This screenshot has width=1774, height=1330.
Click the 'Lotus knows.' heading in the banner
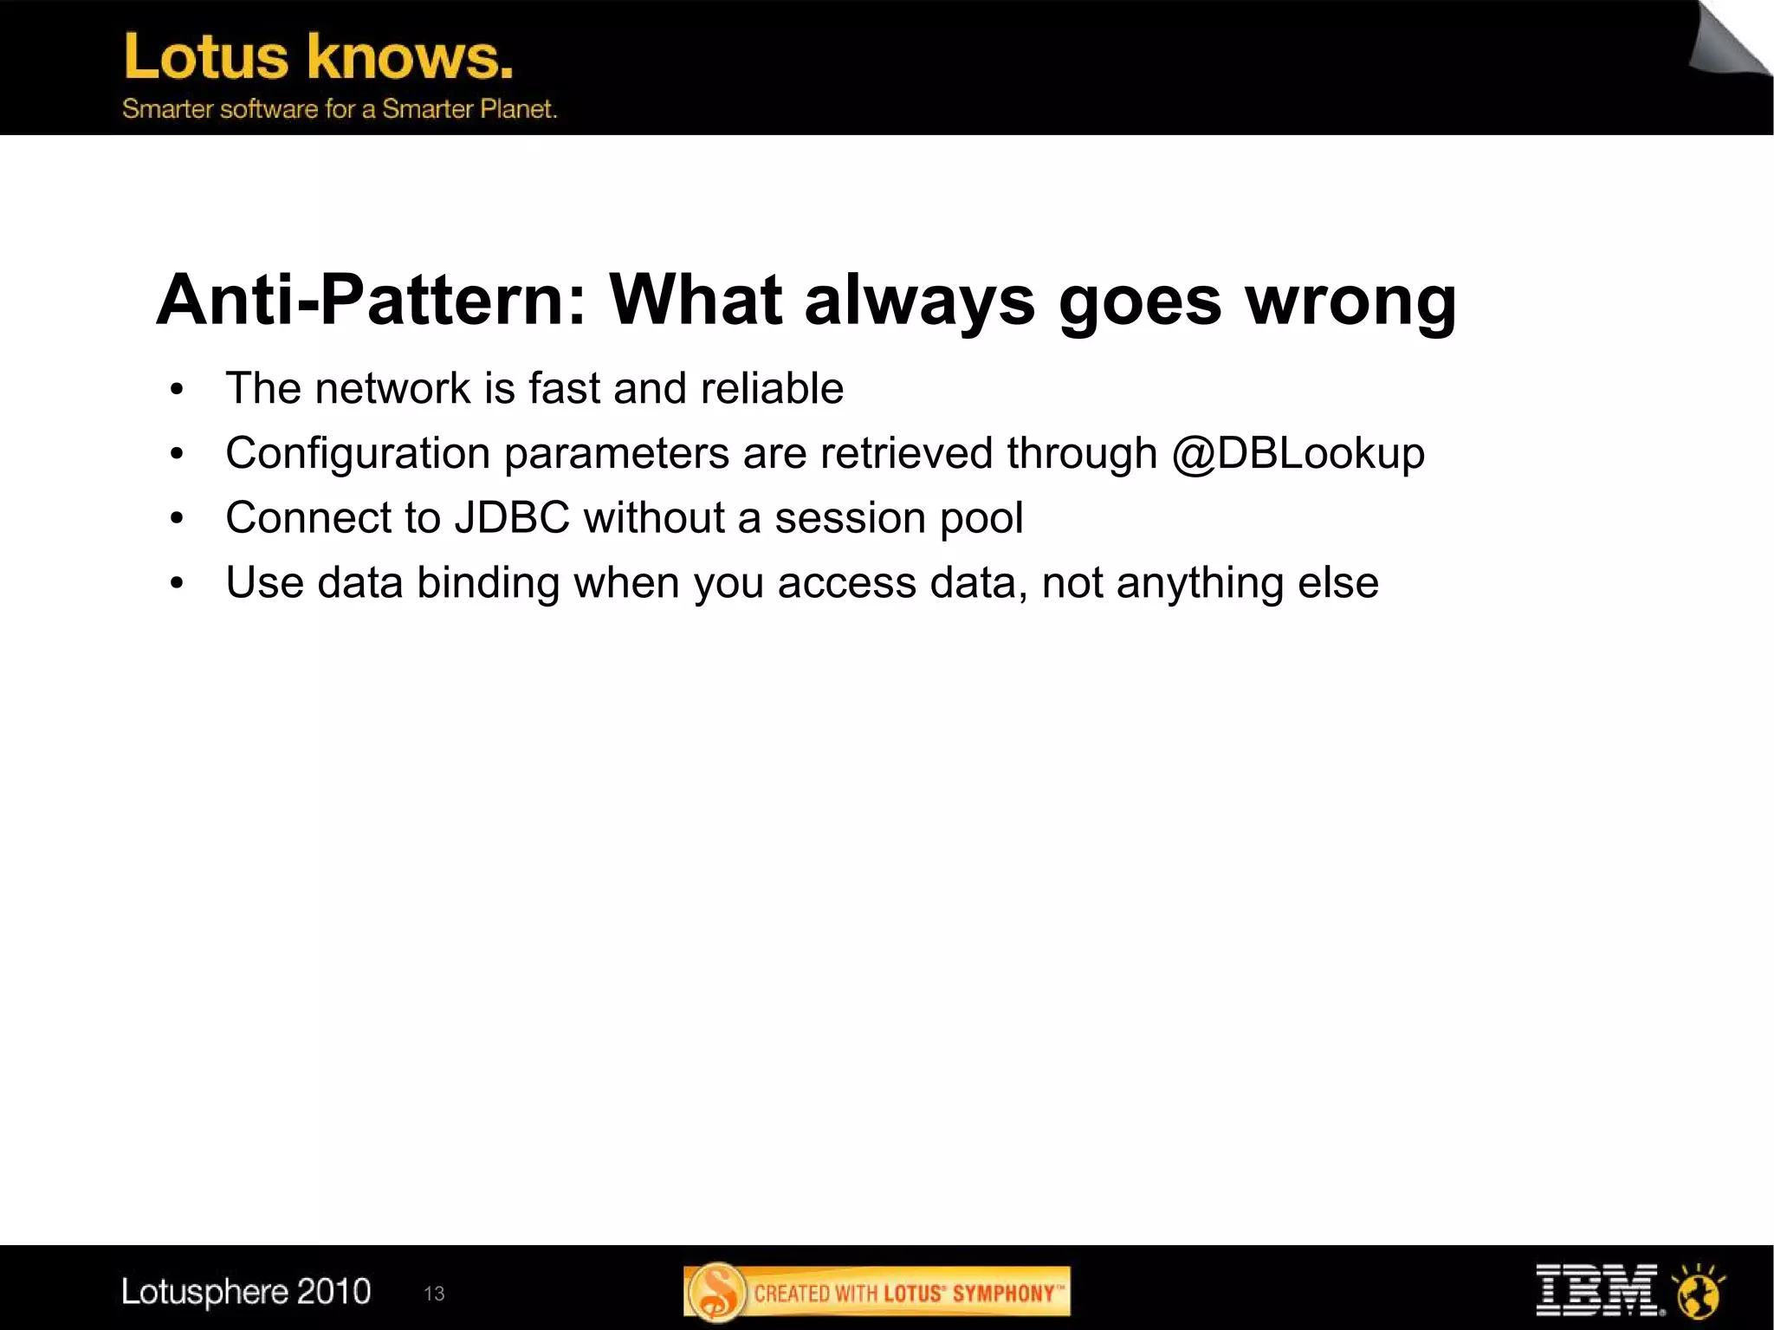tap(318, 57)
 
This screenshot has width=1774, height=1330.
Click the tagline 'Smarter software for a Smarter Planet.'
tap(339, 109)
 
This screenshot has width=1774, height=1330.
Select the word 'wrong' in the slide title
tap(1350, 300)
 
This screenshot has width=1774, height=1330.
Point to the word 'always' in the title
tap(919, 300)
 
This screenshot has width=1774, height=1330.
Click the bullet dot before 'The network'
tap(178, 390)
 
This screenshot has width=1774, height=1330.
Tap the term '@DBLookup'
tap(1297, 453)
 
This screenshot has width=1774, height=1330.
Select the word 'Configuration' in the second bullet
tap(358, 453)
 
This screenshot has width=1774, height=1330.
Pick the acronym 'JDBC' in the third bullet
tap(511, 517)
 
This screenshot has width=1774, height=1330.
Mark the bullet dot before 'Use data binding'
tap(178, 584)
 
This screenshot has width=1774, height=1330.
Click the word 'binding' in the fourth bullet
tap(488, 582)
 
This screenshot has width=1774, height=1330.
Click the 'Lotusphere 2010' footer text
tap(246, 1291)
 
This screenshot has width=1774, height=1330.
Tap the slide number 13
tap(434, 1294)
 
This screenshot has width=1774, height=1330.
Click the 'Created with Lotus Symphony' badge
tap(877, 1292)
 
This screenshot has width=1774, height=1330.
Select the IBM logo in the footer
tap(1596, 1290)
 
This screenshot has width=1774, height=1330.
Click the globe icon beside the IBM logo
tap(1698, 1292)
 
